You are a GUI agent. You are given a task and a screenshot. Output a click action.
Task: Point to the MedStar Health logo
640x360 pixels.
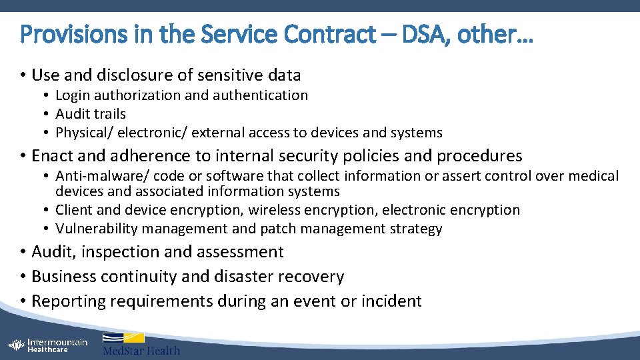141,344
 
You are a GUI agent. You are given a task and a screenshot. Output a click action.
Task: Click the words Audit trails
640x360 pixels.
91,114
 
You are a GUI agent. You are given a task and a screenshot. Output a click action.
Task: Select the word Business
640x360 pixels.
63,277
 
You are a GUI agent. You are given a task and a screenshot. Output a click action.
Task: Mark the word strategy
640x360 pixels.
417,229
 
